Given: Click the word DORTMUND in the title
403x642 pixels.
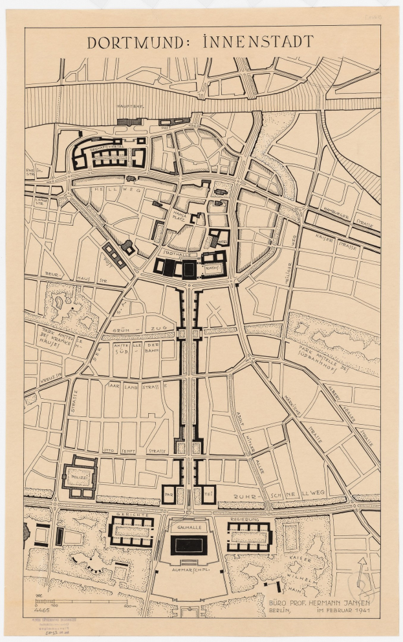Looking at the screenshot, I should (140, 43).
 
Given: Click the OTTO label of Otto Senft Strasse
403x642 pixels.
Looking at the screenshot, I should (111, 450).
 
